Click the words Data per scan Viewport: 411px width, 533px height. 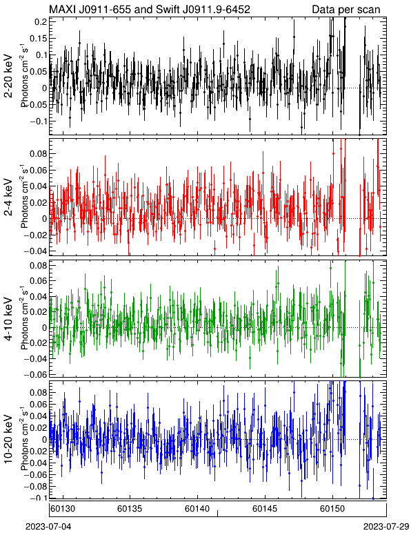pos(346,10)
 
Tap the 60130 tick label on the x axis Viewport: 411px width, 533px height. pos(62,509)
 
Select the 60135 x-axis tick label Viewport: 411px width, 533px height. pos(130,509)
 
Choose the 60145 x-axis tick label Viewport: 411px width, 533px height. pos(265,509)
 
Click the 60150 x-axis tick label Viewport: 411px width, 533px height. pos(332,509)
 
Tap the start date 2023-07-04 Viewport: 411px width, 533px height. pos(48,527)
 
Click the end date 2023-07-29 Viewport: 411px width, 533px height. pos(386,527)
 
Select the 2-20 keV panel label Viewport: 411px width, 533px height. pos(8,76)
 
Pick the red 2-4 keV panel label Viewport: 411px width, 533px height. pos(8,197)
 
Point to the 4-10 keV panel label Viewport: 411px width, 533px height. pos(8,319)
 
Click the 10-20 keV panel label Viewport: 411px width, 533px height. pos(8,439)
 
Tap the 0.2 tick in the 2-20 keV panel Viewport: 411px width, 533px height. pos(41,22)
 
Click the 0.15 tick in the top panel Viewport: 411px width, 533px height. pos(39,39)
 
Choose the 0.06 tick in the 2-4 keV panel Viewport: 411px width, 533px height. pos(39,170)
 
